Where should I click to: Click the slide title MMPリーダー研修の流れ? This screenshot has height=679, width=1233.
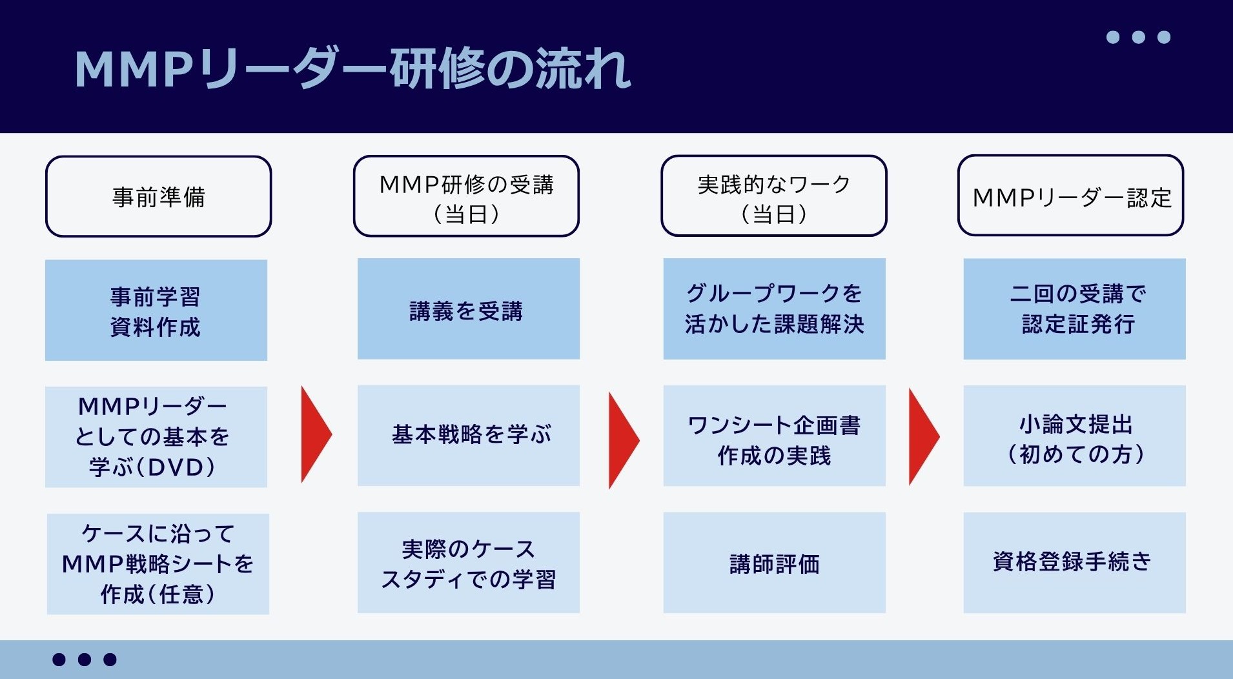pos(352,68)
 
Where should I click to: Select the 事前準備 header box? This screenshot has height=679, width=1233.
pos(158,196)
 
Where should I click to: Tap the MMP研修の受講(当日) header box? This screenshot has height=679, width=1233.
pos(466,196)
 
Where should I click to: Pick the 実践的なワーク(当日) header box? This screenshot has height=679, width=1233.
pos(774,196)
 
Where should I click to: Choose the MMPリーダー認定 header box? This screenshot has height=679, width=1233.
pos(1070,196)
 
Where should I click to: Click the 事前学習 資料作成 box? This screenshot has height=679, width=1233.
pos(156,310)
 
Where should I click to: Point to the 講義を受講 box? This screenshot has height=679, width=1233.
pos(469,309)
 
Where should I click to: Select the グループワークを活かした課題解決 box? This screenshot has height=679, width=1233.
pos(775,309)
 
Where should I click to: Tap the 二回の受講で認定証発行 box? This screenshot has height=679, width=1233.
pos(1075,309)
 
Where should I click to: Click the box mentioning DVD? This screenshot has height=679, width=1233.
pos(156,437)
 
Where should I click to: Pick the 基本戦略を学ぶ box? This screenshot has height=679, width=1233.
pos(469,436)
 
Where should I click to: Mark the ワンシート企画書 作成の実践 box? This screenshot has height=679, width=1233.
pos(775,436)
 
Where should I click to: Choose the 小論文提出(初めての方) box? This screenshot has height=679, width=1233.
pos(1075,436)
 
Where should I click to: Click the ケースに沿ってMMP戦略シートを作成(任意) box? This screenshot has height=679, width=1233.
pos(158,564)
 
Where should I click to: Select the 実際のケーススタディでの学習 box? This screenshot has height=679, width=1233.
pos(469,563)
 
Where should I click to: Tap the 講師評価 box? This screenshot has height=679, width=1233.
pos(775,563)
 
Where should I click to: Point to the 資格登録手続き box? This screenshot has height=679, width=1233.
pos(1075,563)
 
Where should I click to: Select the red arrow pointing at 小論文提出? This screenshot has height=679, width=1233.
pos(923,437)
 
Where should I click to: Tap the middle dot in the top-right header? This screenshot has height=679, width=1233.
pos(1139,37)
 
